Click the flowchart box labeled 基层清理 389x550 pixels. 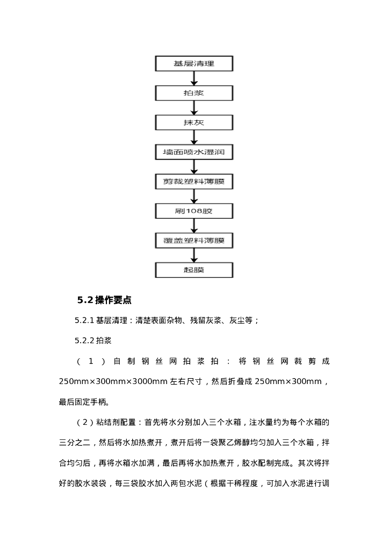194,64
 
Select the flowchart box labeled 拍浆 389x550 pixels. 194,93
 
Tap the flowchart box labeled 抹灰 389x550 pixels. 194,123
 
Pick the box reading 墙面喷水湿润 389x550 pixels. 194,152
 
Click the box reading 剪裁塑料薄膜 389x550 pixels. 194,182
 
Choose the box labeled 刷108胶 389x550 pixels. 194,211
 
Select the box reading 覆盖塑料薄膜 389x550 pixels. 194,240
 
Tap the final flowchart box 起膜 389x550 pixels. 194,270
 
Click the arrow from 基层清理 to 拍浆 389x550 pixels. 194,78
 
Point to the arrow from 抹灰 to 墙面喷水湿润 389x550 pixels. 194,137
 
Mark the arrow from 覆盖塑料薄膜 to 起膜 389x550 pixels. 194,255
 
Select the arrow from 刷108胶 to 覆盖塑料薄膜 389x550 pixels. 194,226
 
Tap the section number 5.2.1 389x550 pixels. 84,321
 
